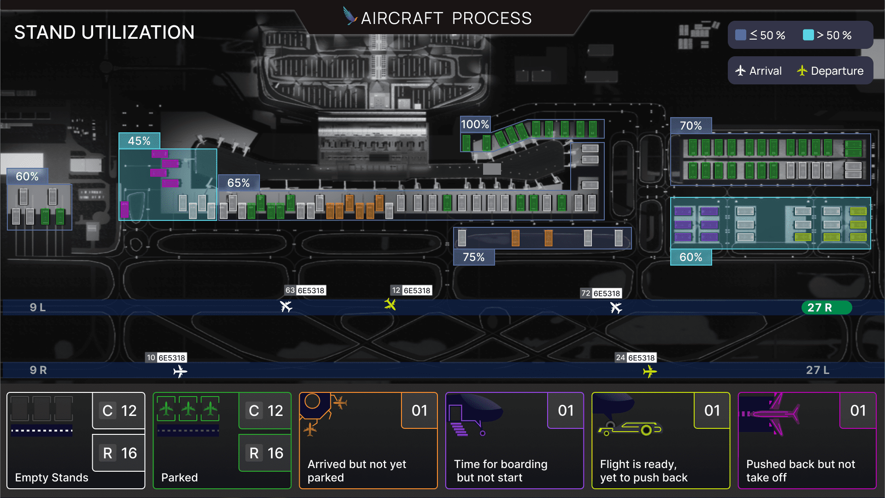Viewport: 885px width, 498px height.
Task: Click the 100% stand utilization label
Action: point(475,125)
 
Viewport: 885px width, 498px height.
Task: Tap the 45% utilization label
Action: point(139,141)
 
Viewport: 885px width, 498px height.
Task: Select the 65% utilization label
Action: point(239,183)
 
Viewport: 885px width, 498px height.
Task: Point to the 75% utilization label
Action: point(474,257)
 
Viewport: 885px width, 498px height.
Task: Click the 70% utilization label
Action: point(691,126)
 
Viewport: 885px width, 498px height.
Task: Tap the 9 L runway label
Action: point(38,308)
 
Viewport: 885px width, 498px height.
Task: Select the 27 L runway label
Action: point(818,370)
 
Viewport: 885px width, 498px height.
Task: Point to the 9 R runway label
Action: point(38,370)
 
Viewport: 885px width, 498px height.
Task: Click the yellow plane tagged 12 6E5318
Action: point(390,304)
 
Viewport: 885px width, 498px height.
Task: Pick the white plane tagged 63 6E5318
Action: point(286,306)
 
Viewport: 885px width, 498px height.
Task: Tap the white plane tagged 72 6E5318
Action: point(616,308)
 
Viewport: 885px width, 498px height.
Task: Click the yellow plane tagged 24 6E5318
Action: point(650,371)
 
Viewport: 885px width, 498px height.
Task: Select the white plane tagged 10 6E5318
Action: point(180,371)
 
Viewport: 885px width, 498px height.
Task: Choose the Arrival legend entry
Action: point(759,71)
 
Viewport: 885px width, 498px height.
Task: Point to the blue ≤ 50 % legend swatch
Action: point(741,35)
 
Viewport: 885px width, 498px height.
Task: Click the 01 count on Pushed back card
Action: point(858,410)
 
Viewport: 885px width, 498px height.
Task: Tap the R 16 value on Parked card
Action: point(264,453)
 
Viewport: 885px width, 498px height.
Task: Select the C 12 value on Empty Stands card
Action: point(119,411)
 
